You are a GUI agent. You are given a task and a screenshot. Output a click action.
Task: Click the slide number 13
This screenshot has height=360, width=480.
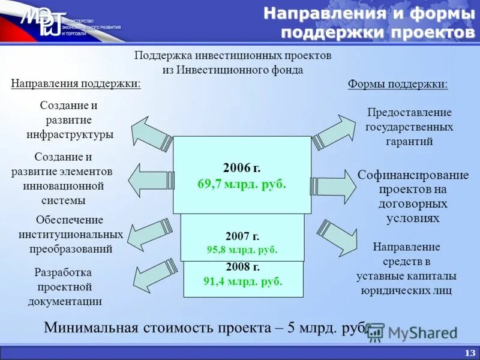click(469, 352)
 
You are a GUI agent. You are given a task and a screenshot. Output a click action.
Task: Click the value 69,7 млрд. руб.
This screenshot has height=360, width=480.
click(242, 184)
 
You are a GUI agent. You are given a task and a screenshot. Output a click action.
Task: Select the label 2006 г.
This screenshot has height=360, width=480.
click(242, 168)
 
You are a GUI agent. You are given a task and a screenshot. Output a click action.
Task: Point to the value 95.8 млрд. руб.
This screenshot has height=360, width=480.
click(242, 250)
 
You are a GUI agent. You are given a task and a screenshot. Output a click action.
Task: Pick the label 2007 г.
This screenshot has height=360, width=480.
click(242, 236)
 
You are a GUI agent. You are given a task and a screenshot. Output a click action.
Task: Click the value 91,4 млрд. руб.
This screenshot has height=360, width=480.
click(242, 280)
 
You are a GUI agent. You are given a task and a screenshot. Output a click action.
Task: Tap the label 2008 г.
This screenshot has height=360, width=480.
click(242, 267)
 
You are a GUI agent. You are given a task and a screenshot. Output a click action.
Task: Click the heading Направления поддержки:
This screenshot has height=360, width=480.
click(76, 83)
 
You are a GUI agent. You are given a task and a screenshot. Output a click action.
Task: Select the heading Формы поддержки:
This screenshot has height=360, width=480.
click(398, 83)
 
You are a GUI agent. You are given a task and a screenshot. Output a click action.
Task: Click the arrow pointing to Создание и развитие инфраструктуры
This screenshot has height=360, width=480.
click(151, 133)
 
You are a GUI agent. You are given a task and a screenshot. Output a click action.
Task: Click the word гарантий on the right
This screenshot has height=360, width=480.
click(409, 142)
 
